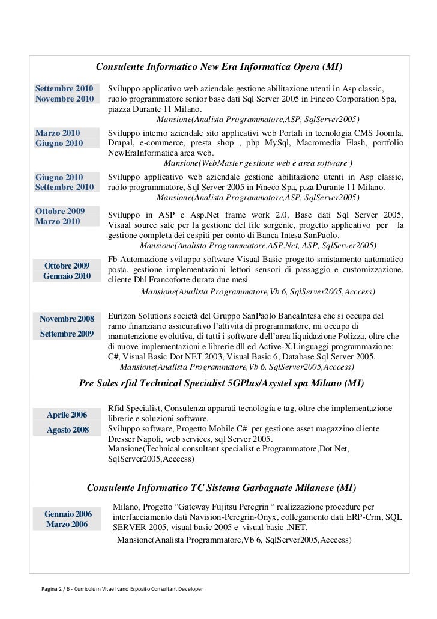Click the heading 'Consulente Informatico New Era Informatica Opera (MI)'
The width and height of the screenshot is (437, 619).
click(219, 65)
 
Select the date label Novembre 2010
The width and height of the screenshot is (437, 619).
click(64, 99)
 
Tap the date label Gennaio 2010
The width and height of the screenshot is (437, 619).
click(67, 276)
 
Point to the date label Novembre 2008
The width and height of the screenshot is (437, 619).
click(67, 318)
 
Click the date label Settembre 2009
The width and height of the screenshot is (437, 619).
click(67, 333)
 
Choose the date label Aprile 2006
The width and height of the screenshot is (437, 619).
click(67, 415)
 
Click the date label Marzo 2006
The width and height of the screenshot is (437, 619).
click(67, 525)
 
